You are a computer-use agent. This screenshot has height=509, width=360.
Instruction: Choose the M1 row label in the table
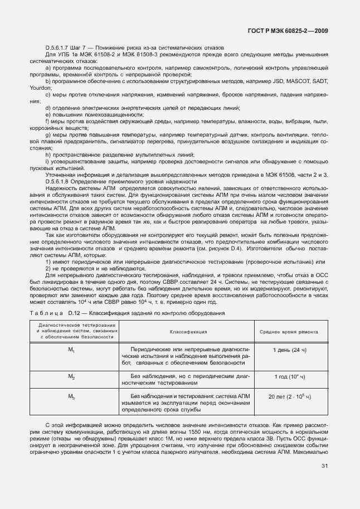[71, 350]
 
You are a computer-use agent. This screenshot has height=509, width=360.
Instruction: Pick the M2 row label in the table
[71, 377]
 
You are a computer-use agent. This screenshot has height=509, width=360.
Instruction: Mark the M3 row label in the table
[71, 396]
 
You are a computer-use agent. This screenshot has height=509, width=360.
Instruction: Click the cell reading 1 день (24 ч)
[290, 350]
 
